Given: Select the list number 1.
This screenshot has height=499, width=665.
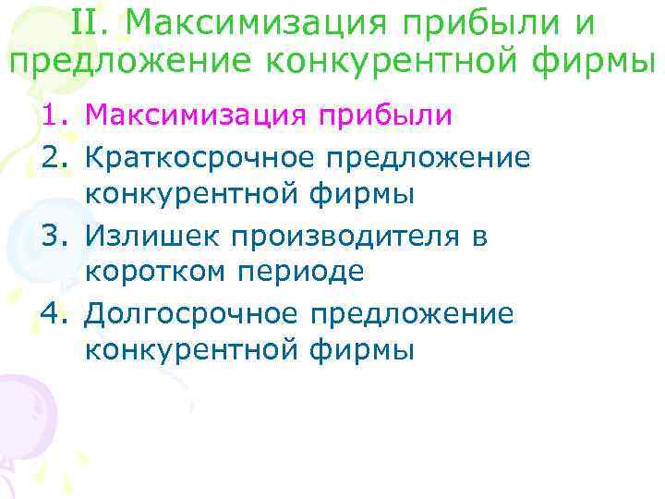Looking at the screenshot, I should pos(54,117).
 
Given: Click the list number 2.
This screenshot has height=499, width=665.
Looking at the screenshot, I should pos(54,156).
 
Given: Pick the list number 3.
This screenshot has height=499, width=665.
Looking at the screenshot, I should pos(54,235).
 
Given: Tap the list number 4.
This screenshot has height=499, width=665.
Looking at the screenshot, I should pos(54,312).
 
